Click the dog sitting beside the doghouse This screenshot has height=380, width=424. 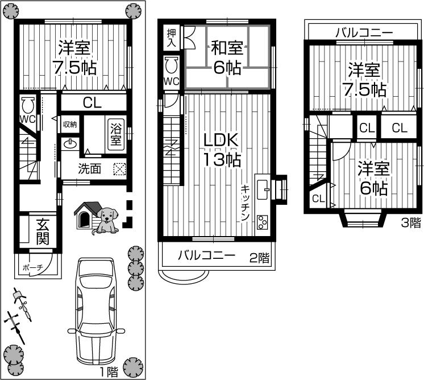coord(106,220)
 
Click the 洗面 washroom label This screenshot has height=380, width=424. coord(89,168)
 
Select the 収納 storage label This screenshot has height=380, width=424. coord(70,124)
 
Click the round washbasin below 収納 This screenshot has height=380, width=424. coord(70,144)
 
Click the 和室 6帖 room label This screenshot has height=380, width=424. coord(226,57)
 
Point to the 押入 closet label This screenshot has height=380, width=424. coord(171,38)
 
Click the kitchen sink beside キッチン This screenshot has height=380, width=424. coord(263,189)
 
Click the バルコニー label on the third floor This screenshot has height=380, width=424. coord(364,32)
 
